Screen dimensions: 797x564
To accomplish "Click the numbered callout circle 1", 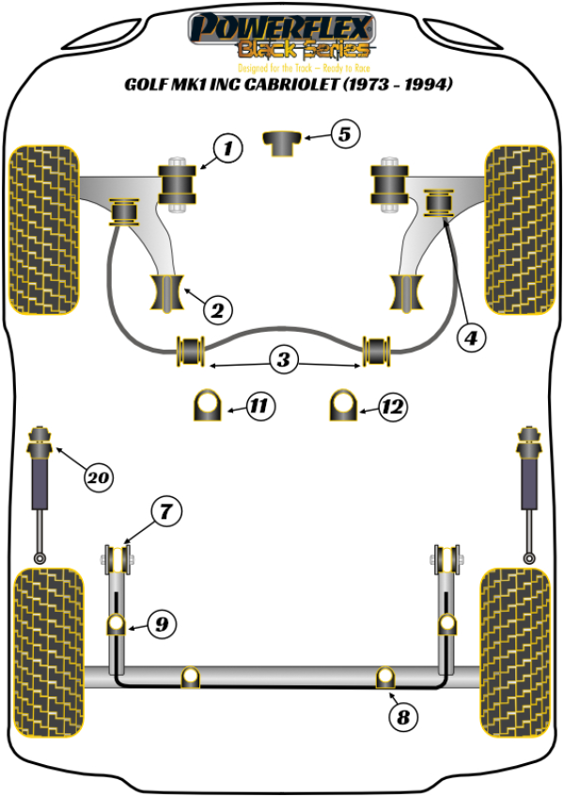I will pyautogui.click(x=227, y=148).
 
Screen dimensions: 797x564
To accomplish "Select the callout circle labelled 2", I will pyautogui.click(x=217, y=307).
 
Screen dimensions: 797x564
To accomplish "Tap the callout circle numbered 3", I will pyautogui.click(x=283, y=358).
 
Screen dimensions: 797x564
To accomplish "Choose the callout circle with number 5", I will pyautogui.click(x=345, y=134).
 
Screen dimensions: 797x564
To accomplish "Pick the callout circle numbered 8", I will pyautogui.click(x=402, y=718).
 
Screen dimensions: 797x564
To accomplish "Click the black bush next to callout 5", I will pyautogui.click(x=282, y=144).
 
